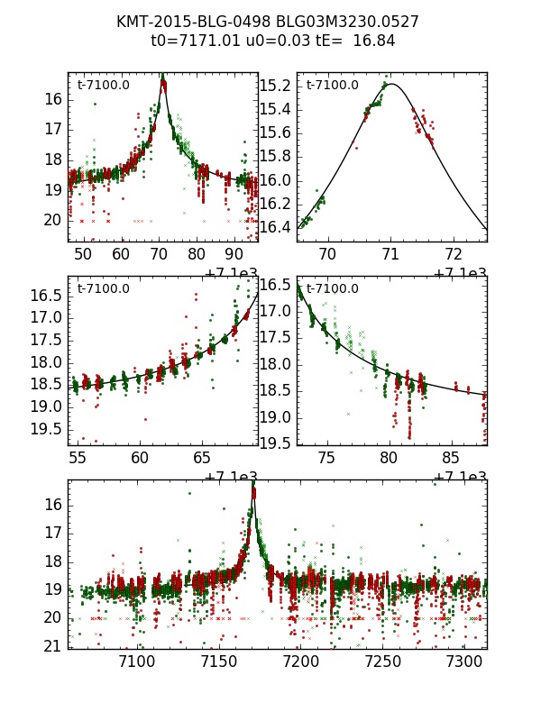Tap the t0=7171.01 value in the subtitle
tap(195, 41)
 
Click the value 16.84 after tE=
tap(376, 41)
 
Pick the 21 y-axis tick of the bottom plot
tap(52, 645)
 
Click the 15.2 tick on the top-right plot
tap(280, 86)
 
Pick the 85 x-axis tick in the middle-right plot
tap(439, 458)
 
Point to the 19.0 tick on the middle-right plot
tap(276, 417)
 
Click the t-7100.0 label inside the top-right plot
tap(332, 86)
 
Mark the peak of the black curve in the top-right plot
tap(393, 84)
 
